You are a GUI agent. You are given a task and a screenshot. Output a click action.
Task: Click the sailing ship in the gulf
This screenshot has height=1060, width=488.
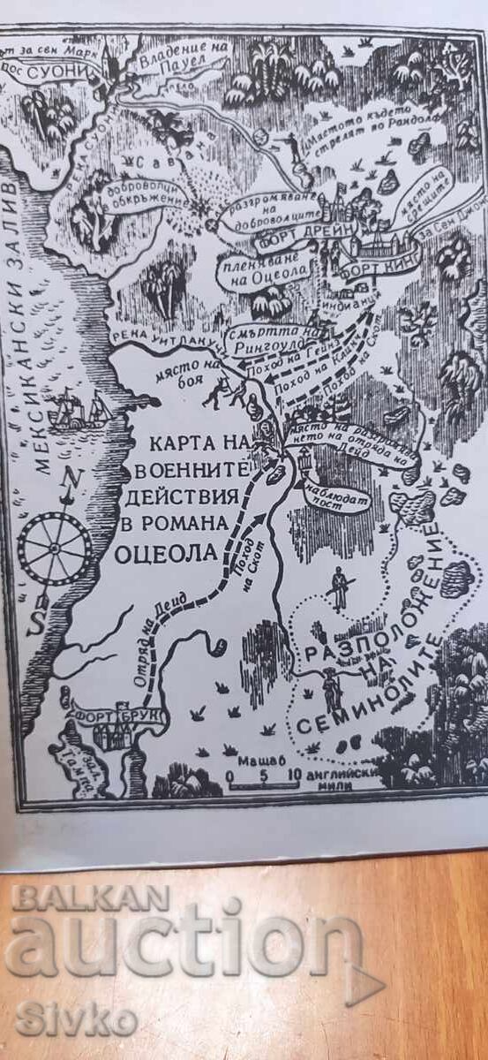(80, 413)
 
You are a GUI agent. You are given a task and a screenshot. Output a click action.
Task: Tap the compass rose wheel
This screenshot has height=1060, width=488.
(56, 549)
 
